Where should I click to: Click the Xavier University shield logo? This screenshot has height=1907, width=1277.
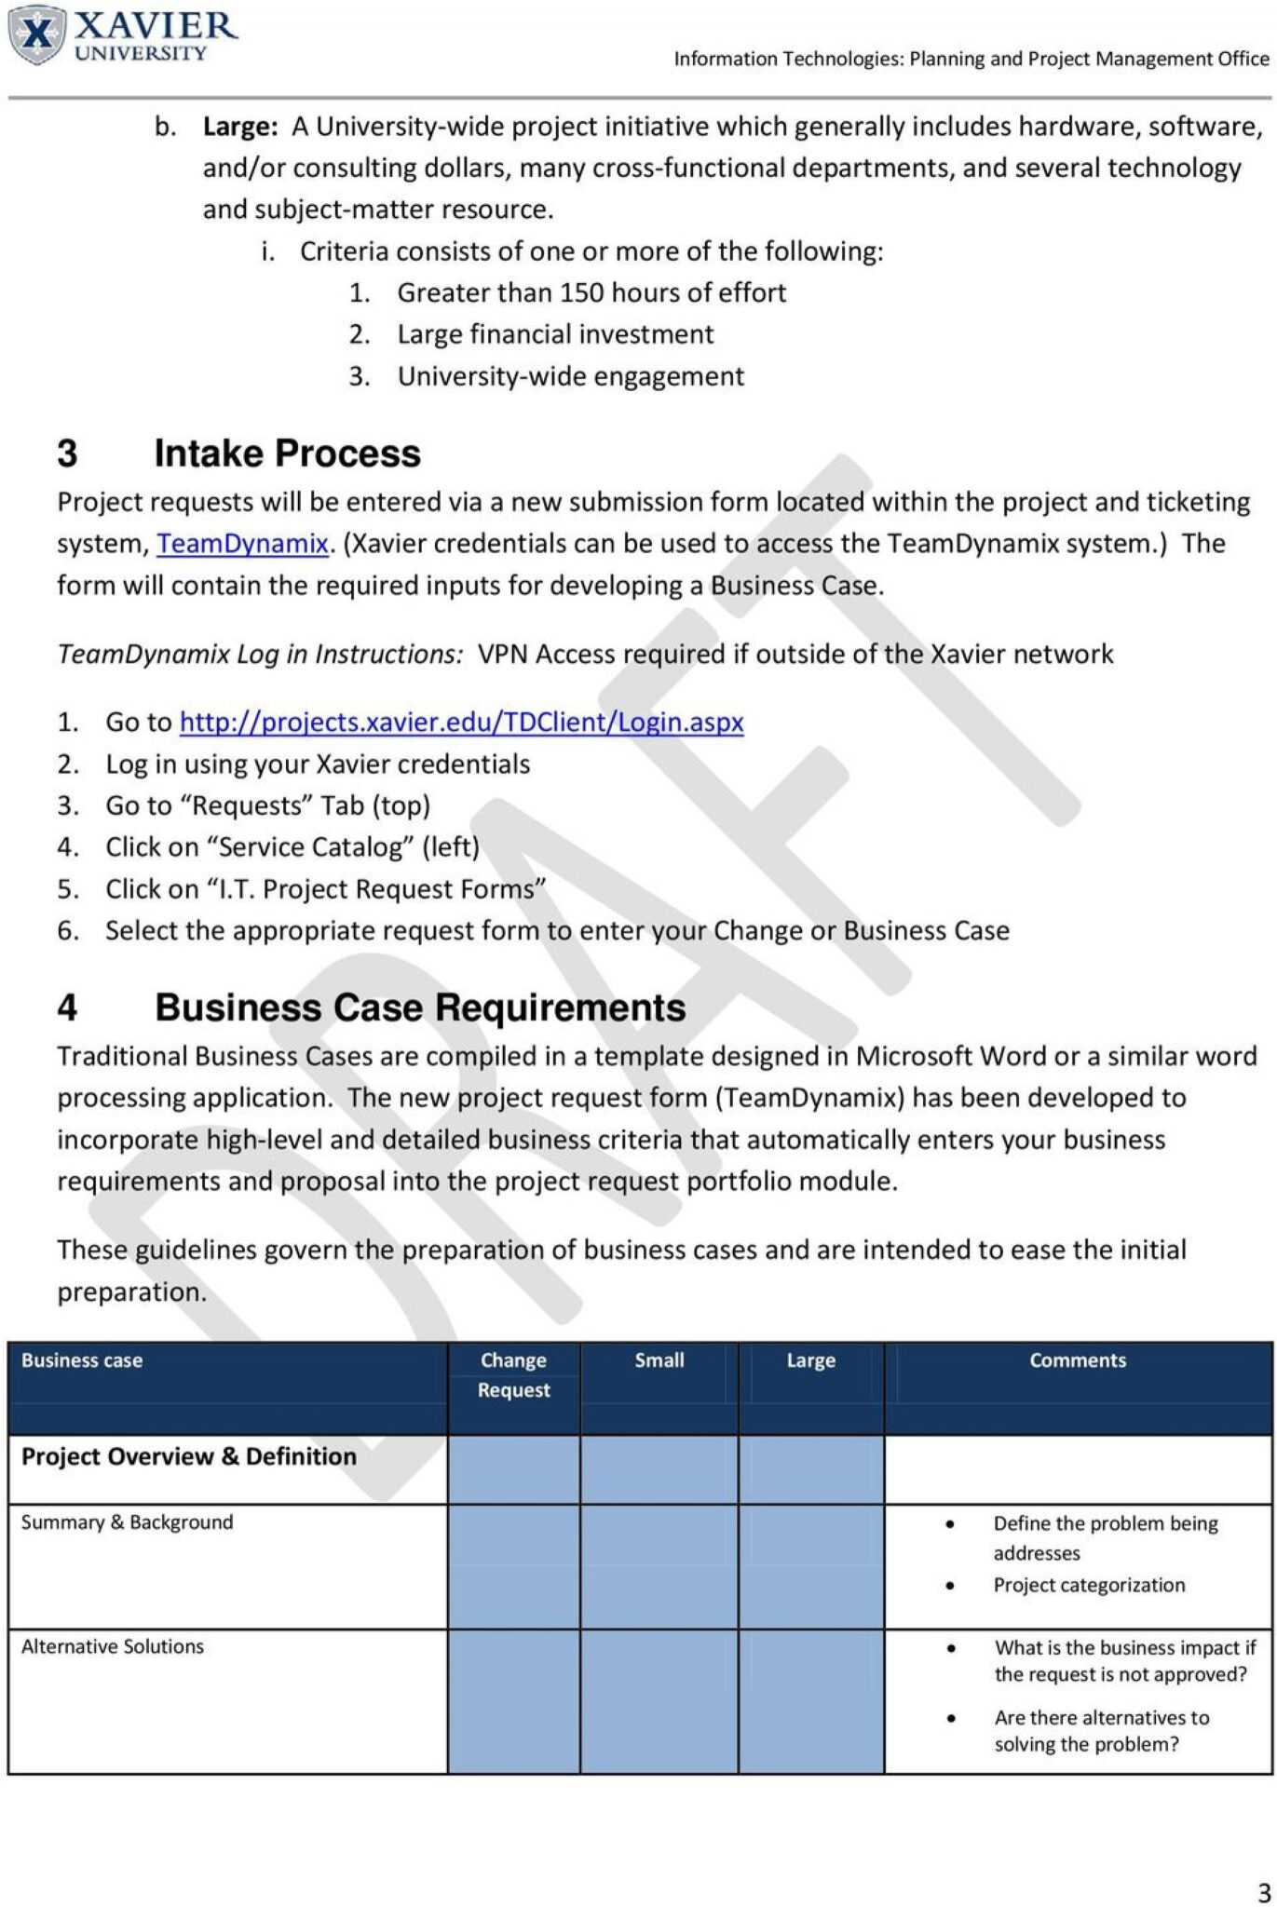(37, 35)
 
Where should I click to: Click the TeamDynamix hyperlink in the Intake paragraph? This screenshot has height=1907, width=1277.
(242, 543)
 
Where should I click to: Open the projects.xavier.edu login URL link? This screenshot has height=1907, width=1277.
(461, 722)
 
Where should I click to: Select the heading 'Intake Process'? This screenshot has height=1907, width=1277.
(287, 453)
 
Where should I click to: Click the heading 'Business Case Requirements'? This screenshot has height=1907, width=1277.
(420, 1008)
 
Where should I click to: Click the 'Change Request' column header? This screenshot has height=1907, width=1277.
(513, 1374)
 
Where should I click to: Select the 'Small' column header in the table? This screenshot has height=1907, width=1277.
(659, 1360)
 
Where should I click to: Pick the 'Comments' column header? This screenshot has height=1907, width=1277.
(1077, 1360)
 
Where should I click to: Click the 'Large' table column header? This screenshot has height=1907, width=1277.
(810, 1360)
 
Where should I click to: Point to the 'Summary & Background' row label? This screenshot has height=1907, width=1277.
(128, 1522)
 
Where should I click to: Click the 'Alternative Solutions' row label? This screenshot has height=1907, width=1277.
(113, 1646)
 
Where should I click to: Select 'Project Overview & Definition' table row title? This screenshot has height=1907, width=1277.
(189, 1456)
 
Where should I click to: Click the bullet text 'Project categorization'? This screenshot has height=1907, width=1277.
(1089, 1585)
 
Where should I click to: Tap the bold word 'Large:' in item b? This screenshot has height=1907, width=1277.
(240, 127)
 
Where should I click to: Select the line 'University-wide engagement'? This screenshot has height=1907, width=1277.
(570, 376)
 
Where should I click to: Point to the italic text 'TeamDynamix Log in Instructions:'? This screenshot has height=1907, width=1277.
(260, 654)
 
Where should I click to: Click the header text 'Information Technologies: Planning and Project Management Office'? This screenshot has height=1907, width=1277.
(971, 59)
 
